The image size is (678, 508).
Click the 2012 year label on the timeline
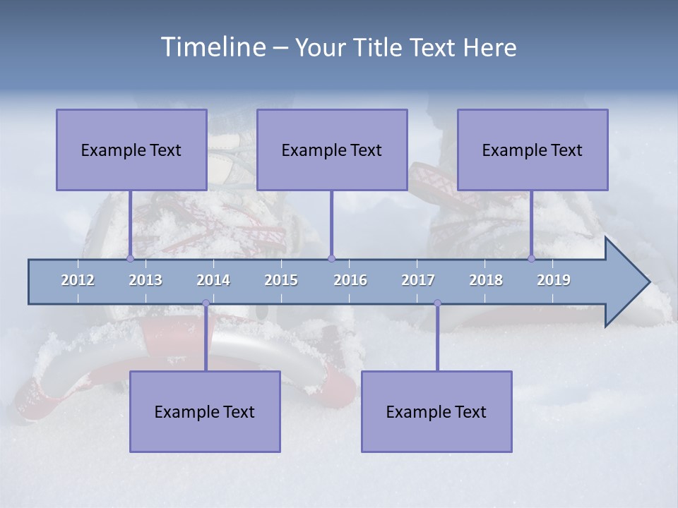click(x=78, y=280)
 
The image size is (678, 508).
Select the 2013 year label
click(x=145, y=280)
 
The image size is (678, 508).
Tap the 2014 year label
click(x=213, y=280)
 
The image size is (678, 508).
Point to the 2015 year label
click(x=281, y=280)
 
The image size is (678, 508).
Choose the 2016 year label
click(x=350, y=280)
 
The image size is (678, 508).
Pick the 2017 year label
click(x=418, y=280)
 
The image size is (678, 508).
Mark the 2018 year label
click(x=486, y=280)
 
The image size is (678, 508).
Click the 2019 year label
click(x=554, y=280)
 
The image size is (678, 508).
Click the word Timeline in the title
click(x=213, y=47)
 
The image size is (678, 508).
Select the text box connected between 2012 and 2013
click(x=131, y=150)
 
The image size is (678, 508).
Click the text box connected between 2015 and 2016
click(x=332, y=150)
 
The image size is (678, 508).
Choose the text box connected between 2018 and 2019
click(x=533, y=150)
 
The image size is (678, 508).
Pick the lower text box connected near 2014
click(x=205, y=411)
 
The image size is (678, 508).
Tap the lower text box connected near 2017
click(x=436, y=411)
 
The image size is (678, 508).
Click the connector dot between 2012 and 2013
click(x=130, y=258)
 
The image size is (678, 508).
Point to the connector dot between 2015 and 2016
click(x=331, y=258)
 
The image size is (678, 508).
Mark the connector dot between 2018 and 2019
click(x=532, y=258)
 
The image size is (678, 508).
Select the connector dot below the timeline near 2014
click(x=206, y=303)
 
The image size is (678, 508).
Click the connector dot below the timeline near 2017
click(x=437, y=303)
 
